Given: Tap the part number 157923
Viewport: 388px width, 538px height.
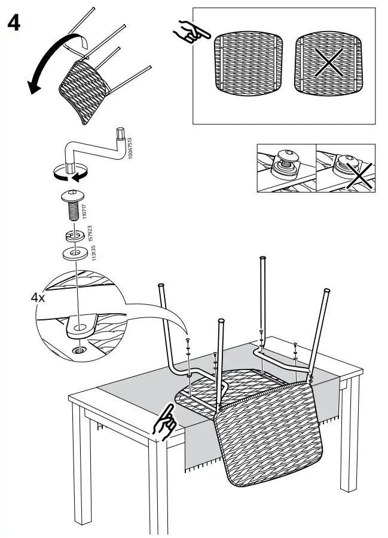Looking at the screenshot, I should (x=90, y=233).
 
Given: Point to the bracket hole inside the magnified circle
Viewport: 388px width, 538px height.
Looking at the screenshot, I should (x=79, y=326).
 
